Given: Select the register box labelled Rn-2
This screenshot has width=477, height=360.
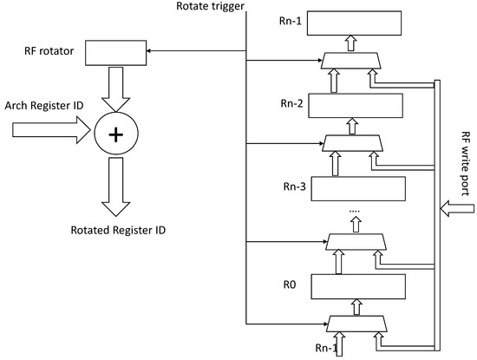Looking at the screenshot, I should click(356, 106).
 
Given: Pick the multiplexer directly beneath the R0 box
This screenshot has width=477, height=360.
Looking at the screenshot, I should click(356, 324).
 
